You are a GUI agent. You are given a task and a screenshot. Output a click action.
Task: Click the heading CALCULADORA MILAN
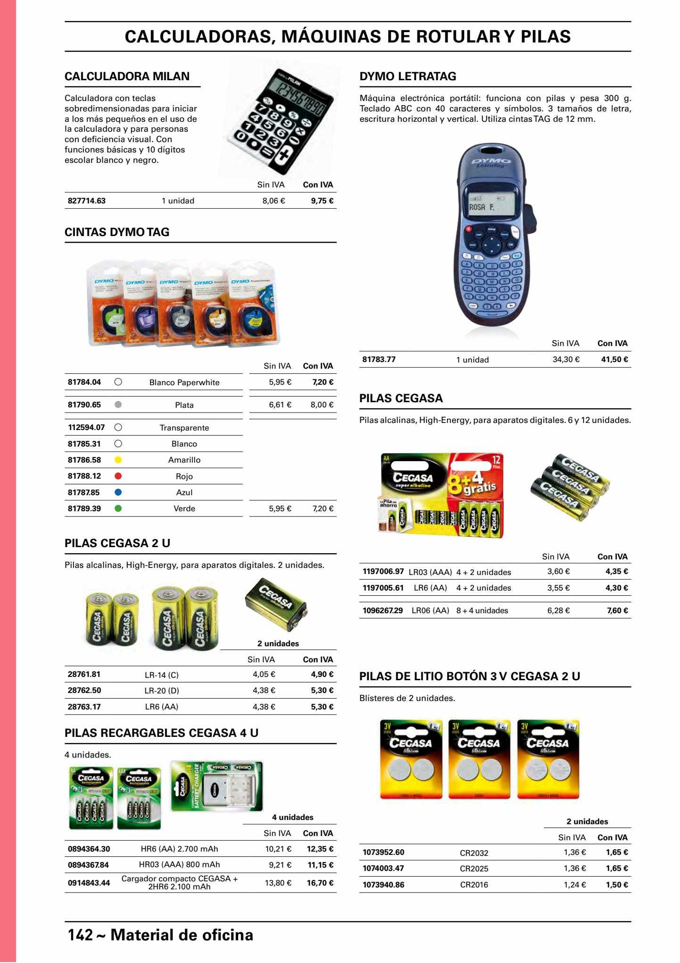[x=127, y=76]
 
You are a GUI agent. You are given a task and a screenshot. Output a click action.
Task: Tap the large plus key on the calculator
[x=284, y=156]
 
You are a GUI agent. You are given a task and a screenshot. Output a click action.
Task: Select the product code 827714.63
[x=87, y=201]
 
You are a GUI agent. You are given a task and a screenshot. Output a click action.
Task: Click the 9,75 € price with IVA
[x=322, y=201]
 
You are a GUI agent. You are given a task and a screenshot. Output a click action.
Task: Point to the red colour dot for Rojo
[x=118, y=476]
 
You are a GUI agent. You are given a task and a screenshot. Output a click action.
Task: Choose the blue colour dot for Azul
[x=118, y=492]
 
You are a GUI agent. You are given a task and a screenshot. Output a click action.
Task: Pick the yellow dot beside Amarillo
[x=118, y=460]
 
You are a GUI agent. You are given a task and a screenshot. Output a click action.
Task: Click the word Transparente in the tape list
[x=184, y=428]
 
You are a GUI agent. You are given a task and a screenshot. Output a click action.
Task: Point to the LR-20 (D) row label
[x=162, y=691]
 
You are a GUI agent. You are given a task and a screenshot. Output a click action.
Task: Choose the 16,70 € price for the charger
[x=320, y=883]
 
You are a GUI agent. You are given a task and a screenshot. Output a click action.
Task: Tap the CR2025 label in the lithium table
[x=474, y=869]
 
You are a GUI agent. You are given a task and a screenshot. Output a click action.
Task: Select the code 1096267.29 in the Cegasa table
[x=383, y=610]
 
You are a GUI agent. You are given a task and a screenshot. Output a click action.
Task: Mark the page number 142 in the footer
[x=81, y=935]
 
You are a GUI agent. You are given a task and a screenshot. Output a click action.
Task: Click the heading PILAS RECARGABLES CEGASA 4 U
[x=161, y=733]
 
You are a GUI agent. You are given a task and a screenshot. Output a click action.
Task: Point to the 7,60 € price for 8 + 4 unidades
[x=617, y=610]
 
